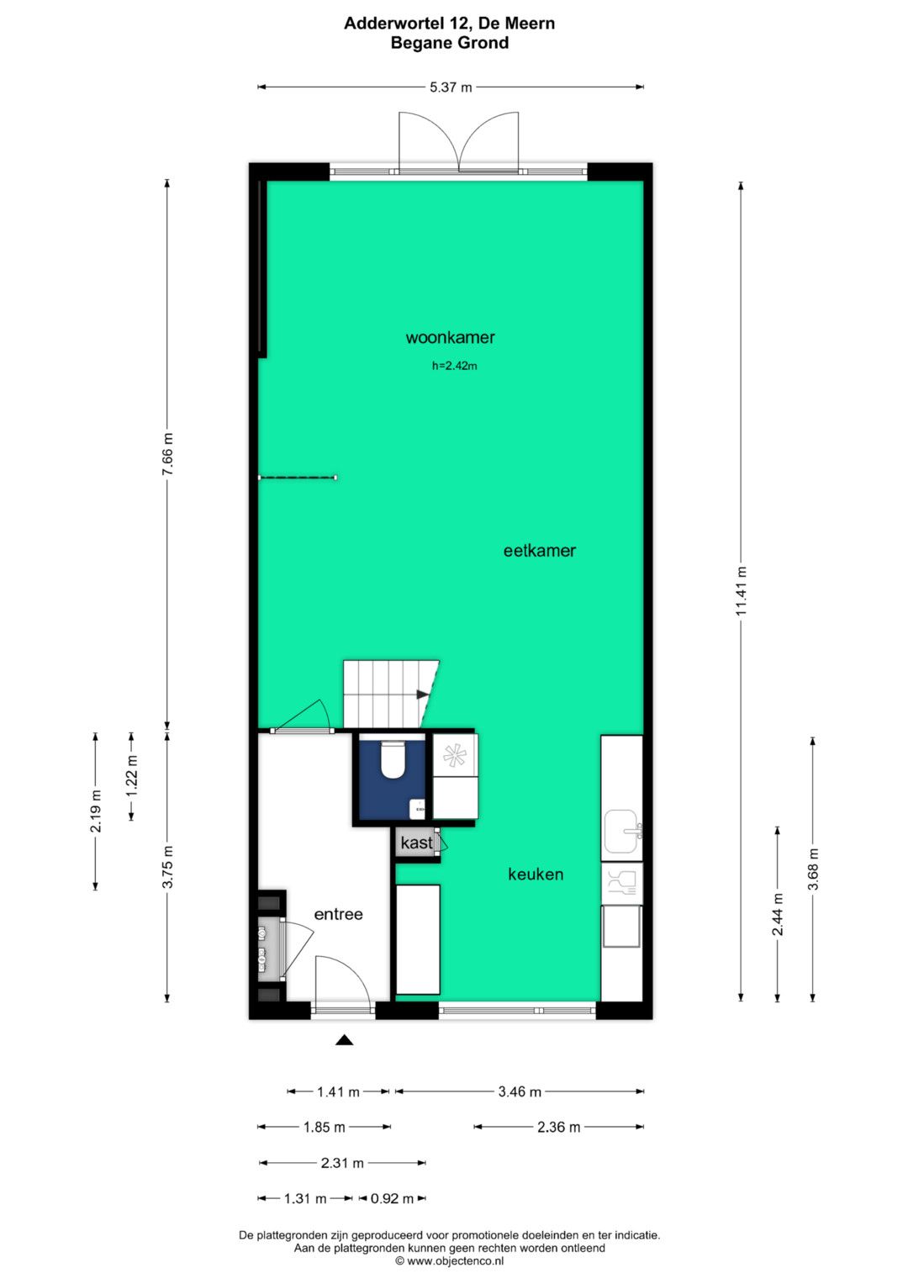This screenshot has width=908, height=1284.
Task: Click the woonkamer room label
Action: [450, 337]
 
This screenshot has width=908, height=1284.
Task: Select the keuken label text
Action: [536, 874]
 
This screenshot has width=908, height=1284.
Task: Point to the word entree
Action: [338, 914]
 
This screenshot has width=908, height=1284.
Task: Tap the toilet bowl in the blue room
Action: [393, 760]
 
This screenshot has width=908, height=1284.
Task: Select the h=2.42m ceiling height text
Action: [455, 366]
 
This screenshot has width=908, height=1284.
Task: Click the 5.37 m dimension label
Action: [451, 87]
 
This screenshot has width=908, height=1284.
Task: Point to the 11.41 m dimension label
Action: [742, 590]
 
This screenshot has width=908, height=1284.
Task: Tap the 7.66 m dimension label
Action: [167, 453]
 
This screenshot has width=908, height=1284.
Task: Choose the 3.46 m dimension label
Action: [520, 1091]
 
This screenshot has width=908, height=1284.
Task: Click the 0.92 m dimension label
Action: [392, 1198]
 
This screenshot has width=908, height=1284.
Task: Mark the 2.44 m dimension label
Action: [778, 914]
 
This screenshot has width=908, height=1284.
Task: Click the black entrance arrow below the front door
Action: [344, 1040]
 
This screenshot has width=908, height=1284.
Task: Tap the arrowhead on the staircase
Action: [422, 695]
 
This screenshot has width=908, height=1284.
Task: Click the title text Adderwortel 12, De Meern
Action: [450, 24]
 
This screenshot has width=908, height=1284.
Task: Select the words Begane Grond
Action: [450, 43]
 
